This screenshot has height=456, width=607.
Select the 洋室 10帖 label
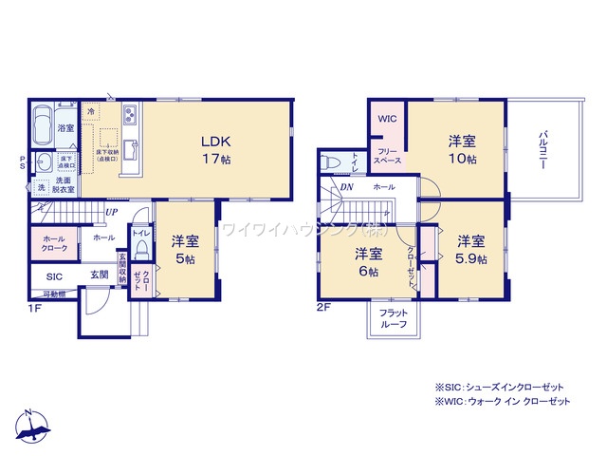coord(462,149)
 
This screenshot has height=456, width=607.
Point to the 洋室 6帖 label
coord(368,262)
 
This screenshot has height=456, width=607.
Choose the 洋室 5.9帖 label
coord(469,249)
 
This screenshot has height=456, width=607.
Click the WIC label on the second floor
coord(387,119)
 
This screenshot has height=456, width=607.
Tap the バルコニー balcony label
coord(542,150)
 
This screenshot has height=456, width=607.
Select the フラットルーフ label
coord(393,318)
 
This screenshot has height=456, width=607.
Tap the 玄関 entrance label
coord(100,275)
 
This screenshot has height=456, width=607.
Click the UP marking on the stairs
coord(112,212)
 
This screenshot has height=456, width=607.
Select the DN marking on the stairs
coord(346,187)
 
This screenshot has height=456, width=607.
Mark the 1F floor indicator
coord(33,309)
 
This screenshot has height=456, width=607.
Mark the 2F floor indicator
coord(322,309)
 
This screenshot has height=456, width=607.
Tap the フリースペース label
coord(388,157)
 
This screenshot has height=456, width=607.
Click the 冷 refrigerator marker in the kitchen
coord(91,111)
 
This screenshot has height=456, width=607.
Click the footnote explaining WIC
coord(502,403)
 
